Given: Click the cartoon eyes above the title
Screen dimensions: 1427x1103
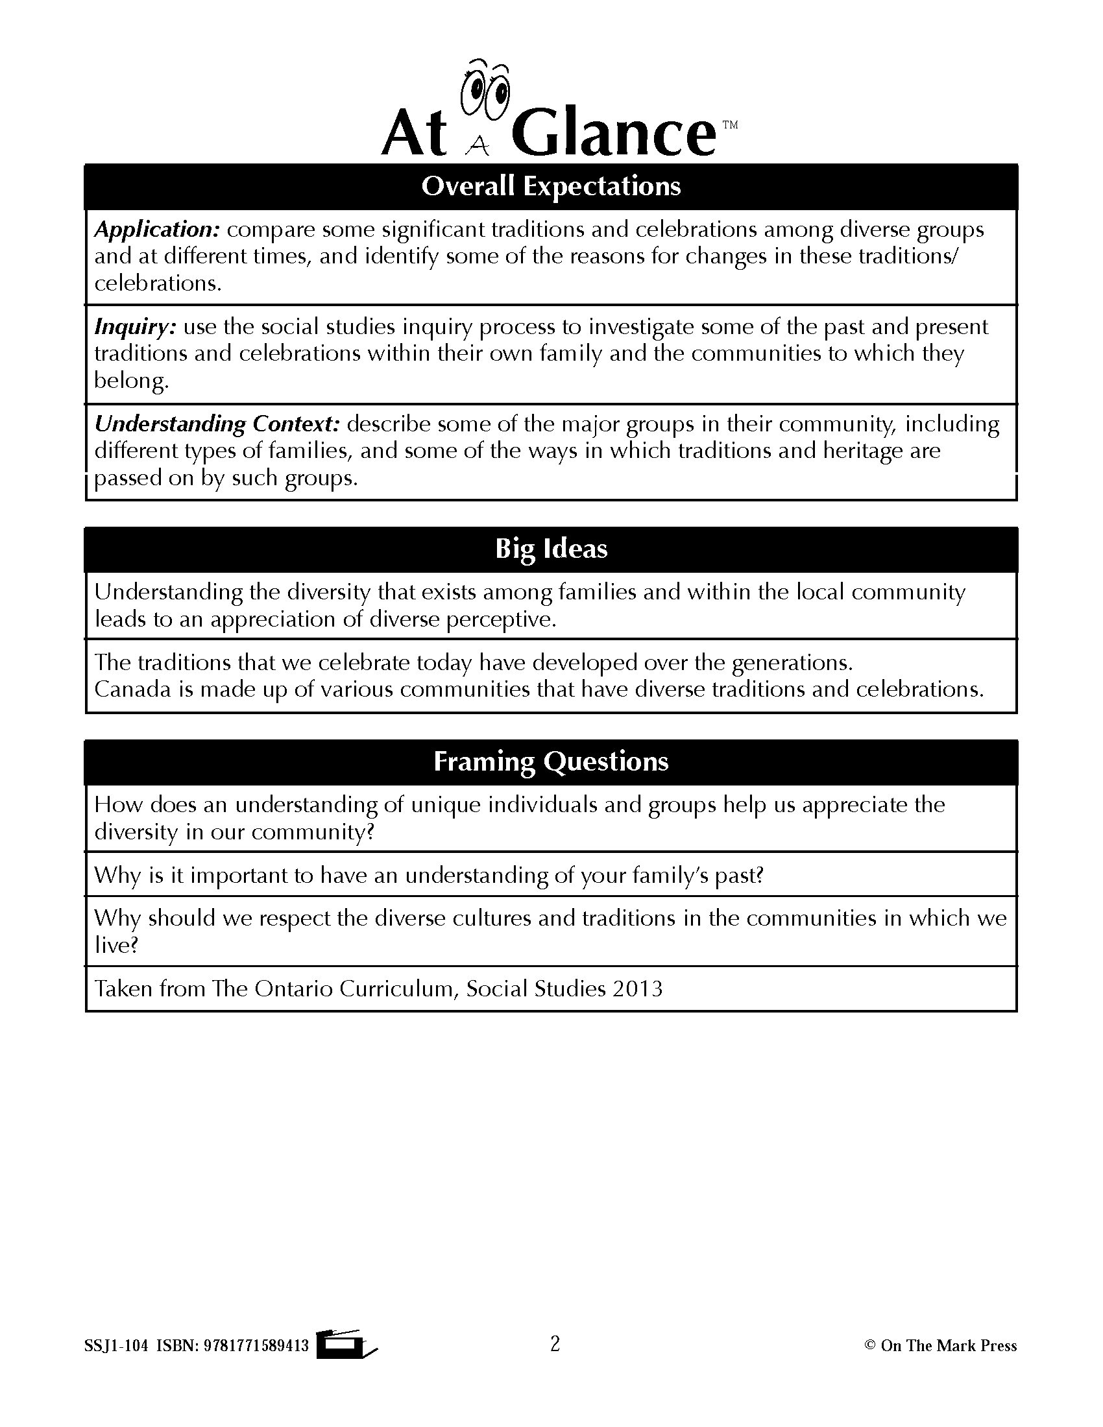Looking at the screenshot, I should pos(483,91).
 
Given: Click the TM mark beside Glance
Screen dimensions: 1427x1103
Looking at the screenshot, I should pos(730,125).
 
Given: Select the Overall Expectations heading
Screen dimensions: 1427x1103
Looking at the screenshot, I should pos(551,186).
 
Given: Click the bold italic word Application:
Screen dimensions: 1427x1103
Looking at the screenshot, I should pos(157,230).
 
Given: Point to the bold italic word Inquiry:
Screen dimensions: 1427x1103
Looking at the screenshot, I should pos(135,326).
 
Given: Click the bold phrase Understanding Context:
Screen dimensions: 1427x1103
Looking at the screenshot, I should pos(217,424).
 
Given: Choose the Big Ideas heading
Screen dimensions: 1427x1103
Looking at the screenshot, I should pos(551,548).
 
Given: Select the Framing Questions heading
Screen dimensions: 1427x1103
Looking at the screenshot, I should pos(551,761).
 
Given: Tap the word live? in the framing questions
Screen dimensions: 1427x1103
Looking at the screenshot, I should pos(116,945).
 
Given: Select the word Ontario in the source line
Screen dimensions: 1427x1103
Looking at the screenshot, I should pos(293,989).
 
